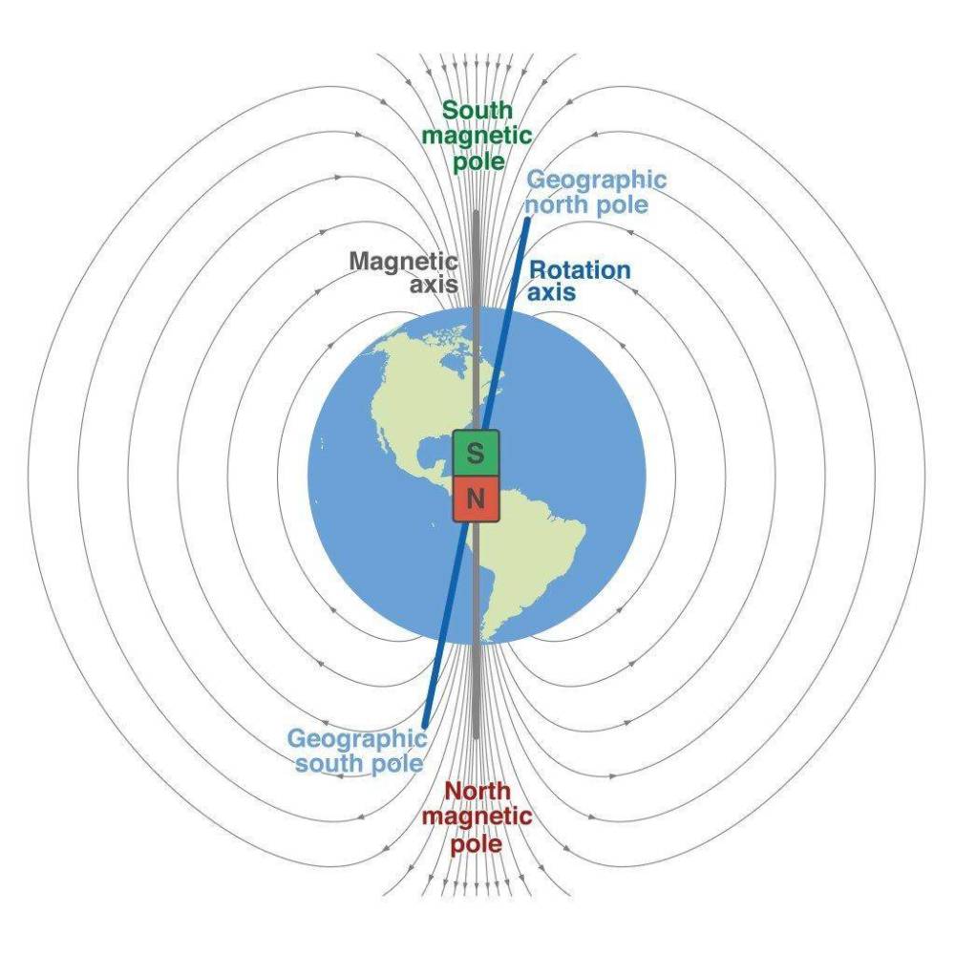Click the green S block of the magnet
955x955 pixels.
(x=476, y=453)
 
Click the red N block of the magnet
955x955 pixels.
(x=476, y=499)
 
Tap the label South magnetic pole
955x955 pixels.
(x=477, y=136)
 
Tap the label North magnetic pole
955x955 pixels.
(x=477, y=817)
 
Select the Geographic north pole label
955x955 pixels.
(x=596, y=192)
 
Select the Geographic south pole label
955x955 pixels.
(x=357, y=751)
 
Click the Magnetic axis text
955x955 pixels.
(x=404, y=272)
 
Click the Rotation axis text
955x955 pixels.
(x=579, y=281)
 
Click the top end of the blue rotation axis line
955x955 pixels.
(x=528, y=219)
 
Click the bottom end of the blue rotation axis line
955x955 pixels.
(x=425, y=725)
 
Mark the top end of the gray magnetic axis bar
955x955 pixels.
(x=476, y=213)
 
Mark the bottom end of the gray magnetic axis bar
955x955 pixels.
(x=476, y=737)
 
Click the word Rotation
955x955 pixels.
(x=580, y=270)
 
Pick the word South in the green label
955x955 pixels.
(x=477, y=110)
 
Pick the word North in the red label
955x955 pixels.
(x=477, y=791)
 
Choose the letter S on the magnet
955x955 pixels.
(x=475, y=453)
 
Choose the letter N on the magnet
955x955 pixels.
(x=475, y=499)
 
